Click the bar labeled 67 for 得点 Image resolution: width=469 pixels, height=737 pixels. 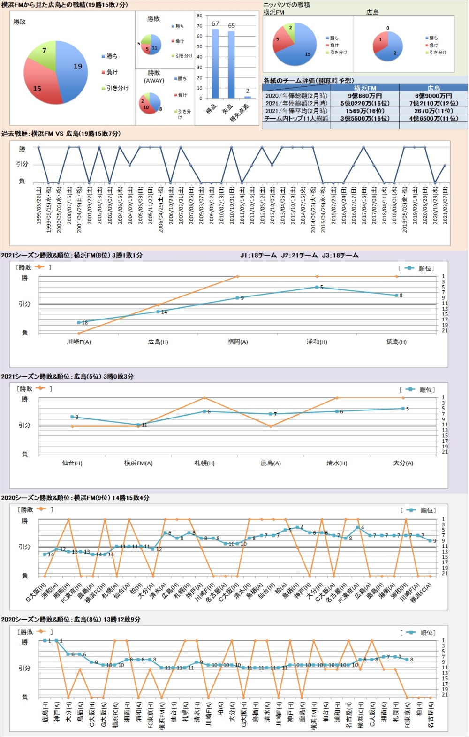[x=215, y=63]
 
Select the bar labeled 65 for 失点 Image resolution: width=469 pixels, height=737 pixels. [x=231, y=64]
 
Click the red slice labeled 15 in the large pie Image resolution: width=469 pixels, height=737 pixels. [x=40, y=87]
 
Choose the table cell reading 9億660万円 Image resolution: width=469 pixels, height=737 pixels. [x=364, y=96]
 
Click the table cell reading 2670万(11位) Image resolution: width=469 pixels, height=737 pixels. [x=433, y=111]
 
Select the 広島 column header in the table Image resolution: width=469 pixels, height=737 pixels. [x=433, y=88]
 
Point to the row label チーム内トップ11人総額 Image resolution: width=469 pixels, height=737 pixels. [x=296, y=118]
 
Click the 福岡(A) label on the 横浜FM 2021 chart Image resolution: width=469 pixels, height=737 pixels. [x=237, y=342]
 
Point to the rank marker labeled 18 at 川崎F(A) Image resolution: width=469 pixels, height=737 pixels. [x=79, y=322]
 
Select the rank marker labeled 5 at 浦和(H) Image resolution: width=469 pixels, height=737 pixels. [x=317, y=287]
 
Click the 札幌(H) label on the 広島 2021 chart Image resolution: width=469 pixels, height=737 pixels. [x=204, y=463]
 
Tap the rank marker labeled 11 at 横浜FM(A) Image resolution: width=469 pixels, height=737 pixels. [x=138, y=425]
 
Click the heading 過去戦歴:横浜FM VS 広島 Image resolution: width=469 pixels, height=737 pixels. [x=61, y=134]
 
